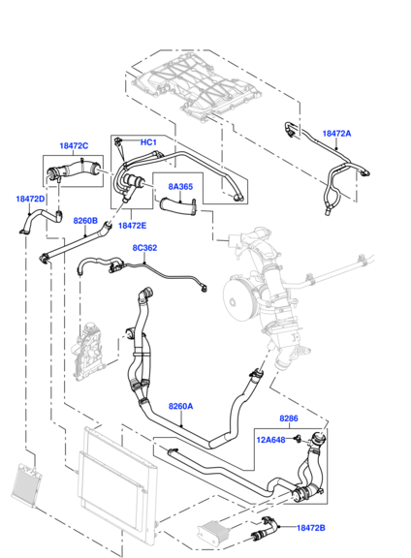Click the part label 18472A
pyautogui.click(x=336, y=133)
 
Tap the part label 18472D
pyautogui.click(x=30, y=199)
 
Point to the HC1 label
pyautogui.click(x=148, y=142)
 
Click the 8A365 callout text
pyautogui.click(x=181, y=185)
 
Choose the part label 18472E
pyautogui.click(x=133, y=226)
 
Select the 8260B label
pyautogui.click(x=85, y=221)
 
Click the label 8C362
pyautogui.click(x=145, y=248)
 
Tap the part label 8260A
pyautogui.click(x=180, y=407)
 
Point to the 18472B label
pyautogui.click(x=311, y=528)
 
